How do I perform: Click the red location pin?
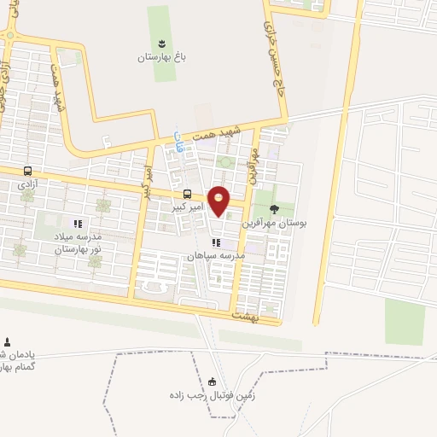219,200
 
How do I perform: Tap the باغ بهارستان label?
162,57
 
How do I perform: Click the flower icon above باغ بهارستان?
162,43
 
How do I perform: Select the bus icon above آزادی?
27,171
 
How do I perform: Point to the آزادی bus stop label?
27,184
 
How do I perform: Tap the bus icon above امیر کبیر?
187,193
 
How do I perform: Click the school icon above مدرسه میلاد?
79,224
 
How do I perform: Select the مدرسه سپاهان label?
216,256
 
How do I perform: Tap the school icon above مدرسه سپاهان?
216,242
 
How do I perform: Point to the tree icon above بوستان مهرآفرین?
274,207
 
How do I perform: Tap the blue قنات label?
178,142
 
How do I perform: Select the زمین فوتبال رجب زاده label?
213,397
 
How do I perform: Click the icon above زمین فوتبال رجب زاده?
213,382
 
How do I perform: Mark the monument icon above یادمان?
9,341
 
